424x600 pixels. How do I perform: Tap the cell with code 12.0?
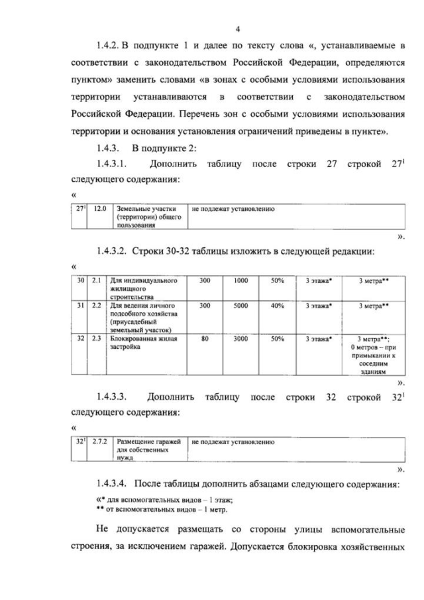(x=100, y=209)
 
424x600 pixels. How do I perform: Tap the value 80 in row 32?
(x=205, y=339)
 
